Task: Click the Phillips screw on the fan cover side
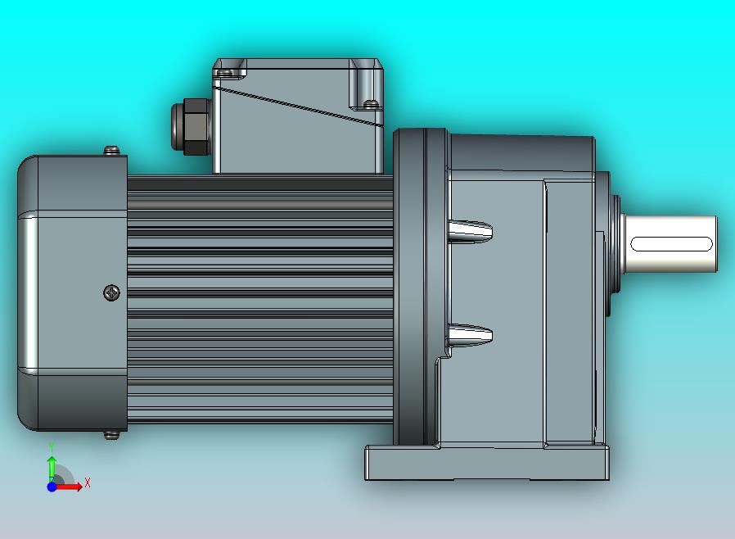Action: [x=111, y=292]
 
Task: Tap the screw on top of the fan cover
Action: [x=112, y=150]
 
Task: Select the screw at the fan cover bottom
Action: [x=112, y=435]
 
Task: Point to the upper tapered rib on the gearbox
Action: [x=471, y=231]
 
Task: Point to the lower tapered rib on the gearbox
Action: [x=471, y=333]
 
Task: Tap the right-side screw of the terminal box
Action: [x=371, y=104]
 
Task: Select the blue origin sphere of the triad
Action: [x=52, y=487]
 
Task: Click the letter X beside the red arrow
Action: [x=88, y=483]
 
